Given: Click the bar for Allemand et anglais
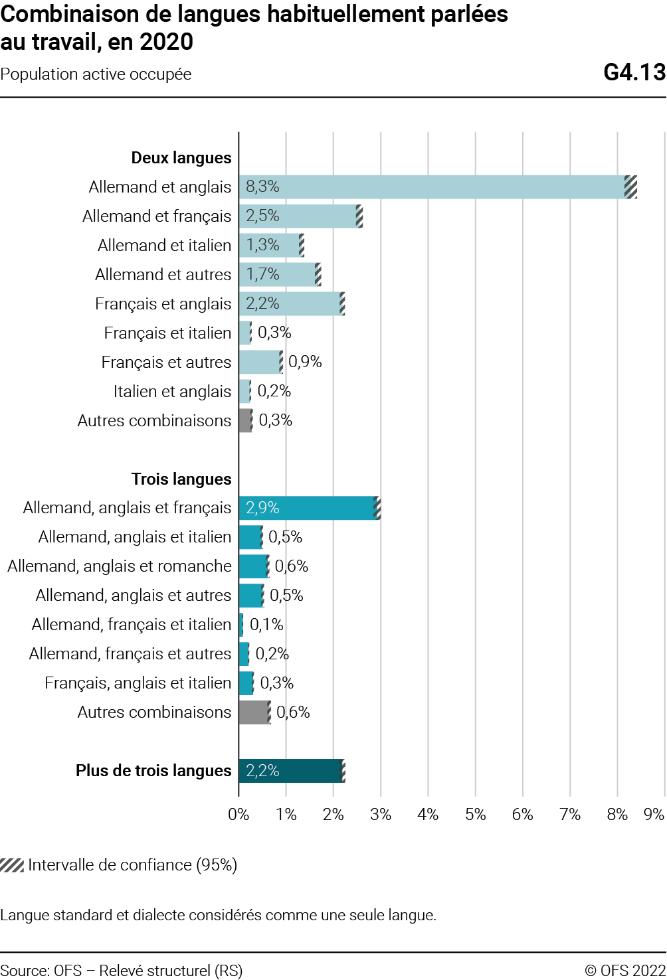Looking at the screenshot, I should click(x=432, y=187).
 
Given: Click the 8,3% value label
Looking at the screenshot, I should click(x=262, y=187).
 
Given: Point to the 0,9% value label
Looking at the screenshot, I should click(x=305, y=362).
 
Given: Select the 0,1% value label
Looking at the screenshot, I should click(x=266, y=625).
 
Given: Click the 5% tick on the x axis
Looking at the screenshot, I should click(x=475, y=815).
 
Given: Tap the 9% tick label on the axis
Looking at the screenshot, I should click(x=654, y=815).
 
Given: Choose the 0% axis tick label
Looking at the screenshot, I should click(x=238, y=815).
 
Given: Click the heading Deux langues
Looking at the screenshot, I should click(x=181, y=158).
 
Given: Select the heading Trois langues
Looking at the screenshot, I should click(x=181, y=479).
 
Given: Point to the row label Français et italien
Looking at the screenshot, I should click(x=167, y=333).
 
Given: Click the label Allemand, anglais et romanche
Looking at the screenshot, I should click(x=120, y=566).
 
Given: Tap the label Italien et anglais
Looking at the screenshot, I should click(x=172, y=392).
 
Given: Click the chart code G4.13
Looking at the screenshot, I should click(x=634, y=72).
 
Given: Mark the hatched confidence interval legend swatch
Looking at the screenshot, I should click(x=12, y=865).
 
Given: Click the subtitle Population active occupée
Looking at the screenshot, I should click(x=96, y=74).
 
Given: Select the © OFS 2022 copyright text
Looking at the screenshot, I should click(x=624, y=971).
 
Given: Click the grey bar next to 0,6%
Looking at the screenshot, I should click(x=254, y=712).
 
